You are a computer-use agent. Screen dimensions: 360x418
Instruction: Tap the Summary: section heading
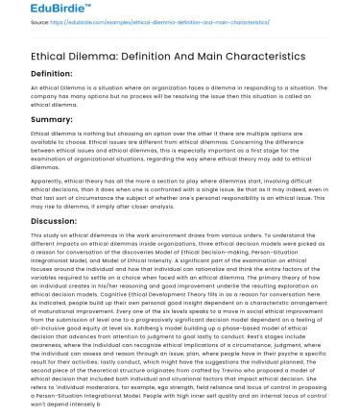coord(35,118)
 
